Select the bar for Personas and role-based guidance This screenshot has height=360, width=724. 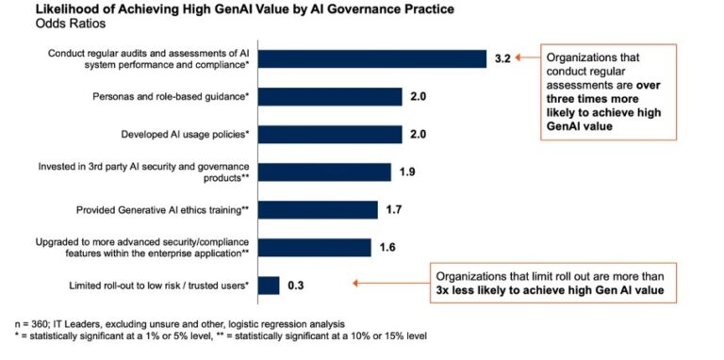click(329, 96)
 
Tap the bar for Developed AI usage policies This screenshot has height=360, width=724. click(329, 134)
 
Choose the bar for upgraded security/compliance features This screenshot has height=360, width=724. click(314, 247)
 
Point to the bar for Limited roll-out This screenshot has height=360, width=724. click(269, 285)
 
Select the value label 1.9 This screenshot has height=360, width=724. click(408, 172)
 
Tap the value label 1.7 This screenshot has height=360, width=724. click(395, 209)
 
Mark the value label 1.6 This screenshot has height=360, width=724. click(387, 248)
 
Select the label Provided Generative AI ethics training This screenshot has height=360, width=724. click(162, 209)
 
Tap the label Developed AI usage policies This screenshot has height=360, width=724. click(185, 134)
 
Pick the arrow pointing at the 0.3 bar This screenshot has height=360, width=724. click(387, 282)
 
